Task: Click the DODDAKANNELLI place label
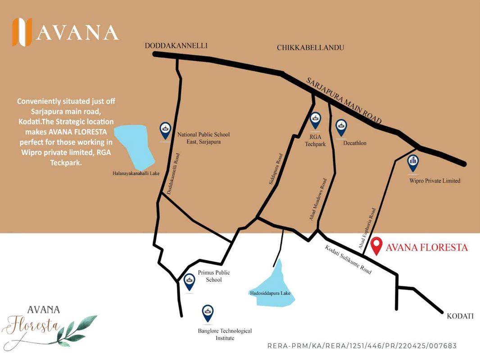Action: (176, 45)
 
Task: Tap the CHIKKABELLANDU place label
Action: (310, 47)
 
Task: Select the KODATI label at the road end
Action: (460, 316)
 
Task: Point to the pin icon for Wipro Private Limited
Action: (412, 164)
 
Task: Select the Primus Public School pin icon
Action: (190, 282)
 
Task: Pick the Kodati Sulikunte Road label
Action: (349, 260)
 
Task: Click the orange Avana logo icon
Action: (22, 32)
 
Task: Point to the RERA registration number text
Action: (362, 346)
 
